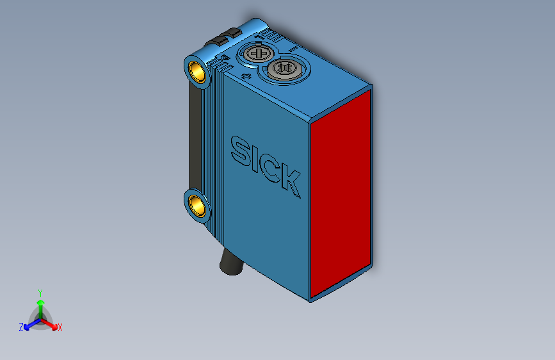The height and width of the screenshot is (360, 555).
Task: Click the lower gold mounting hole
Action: [198, 206]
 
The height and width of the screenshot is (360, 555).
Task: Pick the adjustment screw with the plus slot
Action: [258, 53]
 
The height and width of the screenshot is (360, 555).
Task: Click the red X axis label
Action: [60, 328]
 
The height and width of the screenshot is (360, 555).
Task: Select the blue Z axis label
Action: [21, 327]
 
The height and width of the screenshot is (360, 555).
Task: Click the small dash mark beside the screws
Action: [291, 49]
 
